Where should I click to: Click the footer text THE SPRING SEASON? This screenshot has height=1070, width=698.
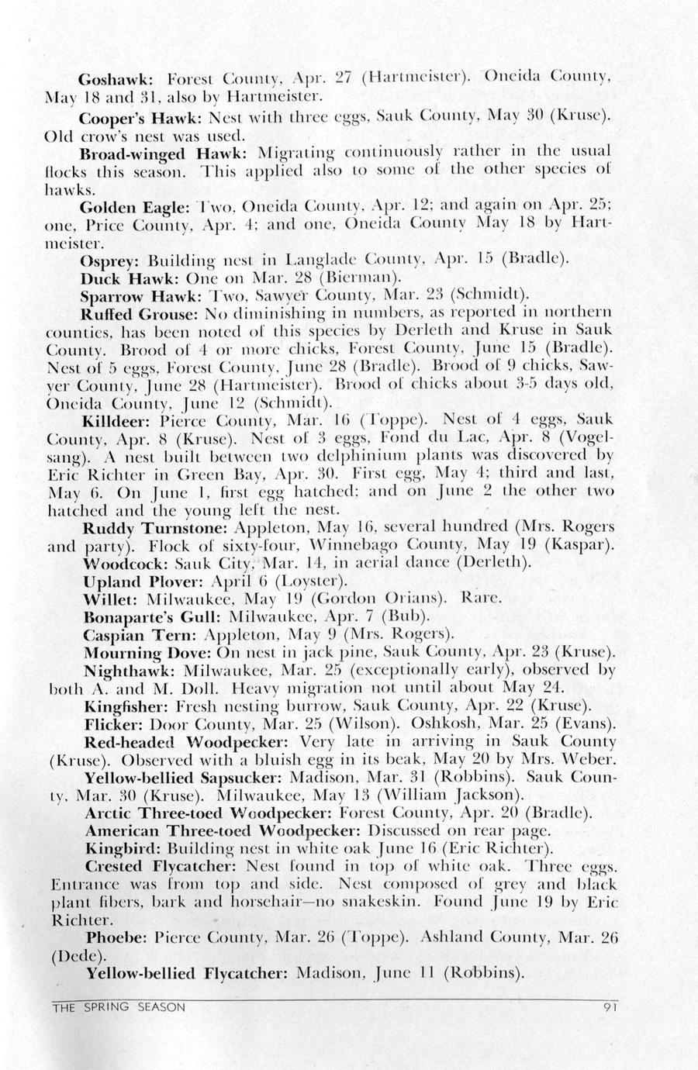pos(119,1008)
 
